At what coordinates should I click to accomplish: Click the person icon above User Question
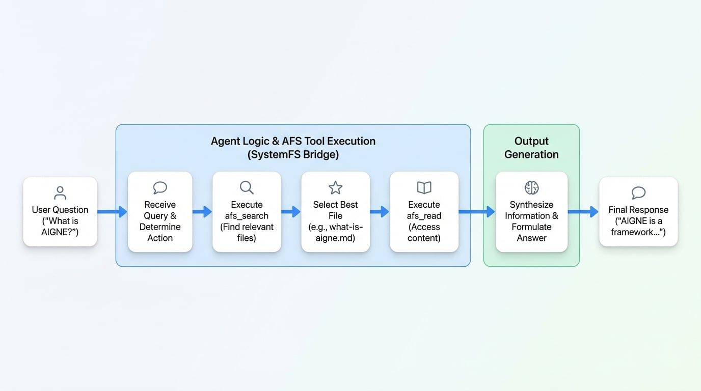pos(60,192)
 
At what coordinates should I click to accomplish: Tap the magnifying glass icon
pos(247,187)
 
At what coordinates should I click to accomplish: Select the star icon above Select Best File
pos(335,187)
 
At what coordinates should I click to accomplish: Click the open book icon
pos(424,187)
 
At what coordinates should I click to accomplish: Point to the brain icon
pos(531,187)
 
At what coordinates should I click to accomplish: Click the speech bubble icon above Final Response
pos(638,192)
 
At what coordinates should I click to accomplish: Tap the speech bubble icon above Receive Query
pos(160,187)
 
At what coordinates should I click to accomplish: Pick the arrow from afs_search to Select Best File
pos(291,211)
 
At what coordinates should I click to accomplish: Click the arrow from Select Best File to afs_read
pos(380,211)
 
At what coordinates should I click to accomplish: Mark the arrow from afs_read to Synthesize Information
pos(477,211)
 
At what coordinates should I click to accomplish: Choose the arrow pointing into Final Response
pos(583,211)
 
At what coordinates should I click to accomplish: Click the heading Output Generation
pos(531,148)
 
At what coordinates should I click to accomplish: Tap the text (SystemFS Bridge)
pos(293,154)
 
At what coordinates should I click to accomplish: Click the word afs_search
pos(247,216)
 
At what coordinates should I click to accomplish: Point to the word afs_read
pos(424,216)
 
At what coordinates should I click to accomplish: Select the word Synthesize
pos(531,205)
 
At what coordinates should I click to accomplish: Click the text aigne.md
pos(335,238)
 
